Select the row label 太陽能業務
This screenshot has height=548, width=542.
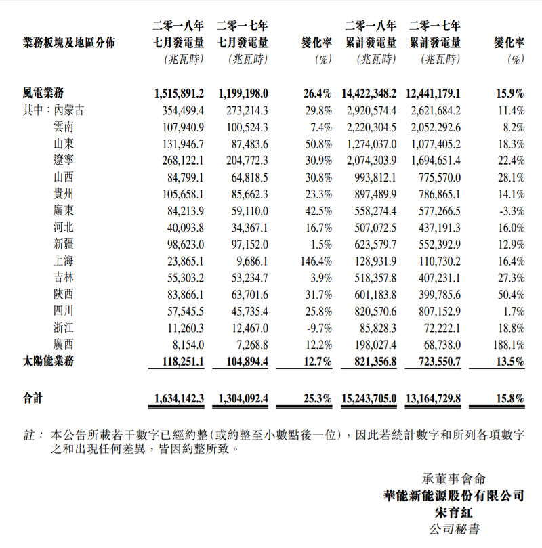click(x=48, y=362)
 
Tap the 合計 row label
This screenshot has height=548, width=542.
click(x=33, y=400)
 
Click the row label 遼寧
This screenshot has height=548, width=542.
click(x=64, y=160)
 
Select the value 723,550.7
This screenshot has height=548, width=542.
click(x=434, y=362)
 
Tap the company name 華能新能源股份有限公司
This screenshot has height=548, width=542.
click(x=454, y=497)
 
